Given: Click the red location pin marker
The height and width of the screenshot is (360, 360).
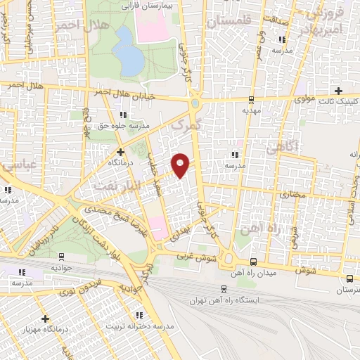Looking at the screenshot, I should [181, 165].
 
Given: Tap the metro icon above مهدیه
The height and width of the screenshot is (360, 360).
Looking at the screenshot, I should [251, 99].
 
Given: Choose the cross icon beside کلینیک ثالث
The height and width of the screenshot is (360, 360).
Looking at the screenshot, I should [339, 91].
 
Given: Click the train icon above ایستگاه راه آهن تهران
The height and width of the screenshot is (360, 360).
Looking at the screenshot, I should [224, 288].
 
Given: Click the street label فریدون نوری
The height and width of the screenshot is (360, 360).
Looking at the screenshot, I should [79, 288].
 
